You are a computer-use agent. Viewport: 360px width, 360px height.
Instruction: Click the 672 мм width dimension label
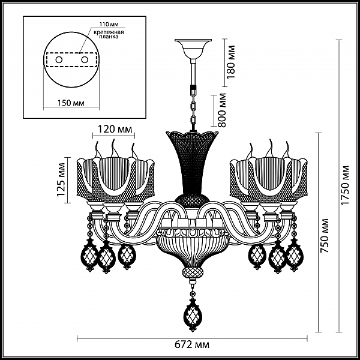click(192, 344)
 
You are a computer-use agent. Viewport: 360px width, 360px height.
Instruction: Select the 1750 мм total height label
click(345, 185)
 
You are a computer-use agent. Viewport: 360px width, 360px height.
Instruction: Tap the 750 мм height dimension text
click(325, 236)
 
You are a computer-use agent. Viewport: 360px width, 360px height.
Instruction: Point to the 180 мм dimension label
click(231, 62)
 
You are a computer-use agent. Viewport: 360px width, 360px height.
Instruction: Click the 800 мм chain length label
click(222, 110)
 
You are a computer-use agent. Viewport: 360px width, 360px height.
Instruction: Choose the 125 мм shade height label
click(61, 180)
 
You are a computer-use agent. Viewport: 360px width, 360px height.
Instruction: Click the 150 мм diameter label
click(71, 103)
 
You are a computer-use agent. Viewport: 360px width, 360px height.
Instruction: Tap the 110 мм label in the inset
click(109, 24)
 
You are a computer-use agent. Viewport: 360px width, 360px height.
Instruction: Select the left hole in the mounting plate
click(59, 60)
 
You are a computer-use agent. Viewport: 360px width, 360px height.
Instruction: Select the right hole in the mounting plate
click(85, 60)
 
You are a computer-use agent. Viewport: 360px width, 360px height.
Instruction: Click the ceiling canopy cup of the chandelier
click(193, 49)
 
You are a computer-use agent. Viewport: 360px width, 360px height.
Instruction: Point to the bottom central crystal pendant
click(193, 314)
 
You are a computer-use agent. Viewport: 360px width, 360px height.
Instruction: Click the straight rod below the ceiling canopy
click(193, 73)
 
